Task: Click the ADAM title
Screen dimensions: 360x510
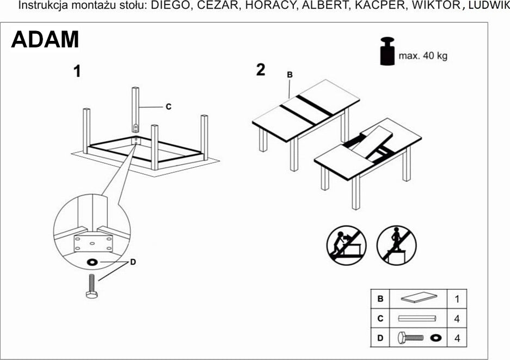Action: (x=45, y=40)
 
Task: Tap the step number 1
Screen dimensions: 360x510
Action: (x=77, y=71)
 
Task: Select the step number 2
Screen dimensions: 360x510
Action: (x=261, y=70)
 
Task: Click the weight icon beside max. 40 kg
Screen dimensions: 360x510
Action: (x=388, y=52)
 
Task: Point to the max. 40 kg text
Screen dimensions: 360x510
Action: (x=423, y=56)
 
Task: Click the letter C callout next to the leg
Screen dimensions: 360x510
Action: (x=168, y=107)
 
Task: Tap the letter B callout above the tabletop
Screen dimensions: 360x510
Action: (x=290, y=75)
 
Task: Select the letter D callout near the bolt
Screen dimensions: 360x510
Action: (x=133, y=263)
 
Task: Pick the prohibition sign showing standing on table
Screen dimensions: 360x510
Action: (x=396, y=245)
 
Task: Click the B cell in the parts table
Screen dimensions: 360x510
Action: (x=380, y=298)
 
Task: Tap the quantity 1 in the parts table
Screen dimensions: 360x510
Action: (x=457, y=298)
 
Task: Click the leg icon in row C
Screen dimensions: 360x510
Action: (x=418, y=318)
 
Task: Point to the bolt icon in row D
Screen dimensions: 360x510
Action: (x=410, y=338)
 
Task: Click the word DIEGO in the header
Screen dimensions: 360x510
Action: (x=168, y=6)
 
